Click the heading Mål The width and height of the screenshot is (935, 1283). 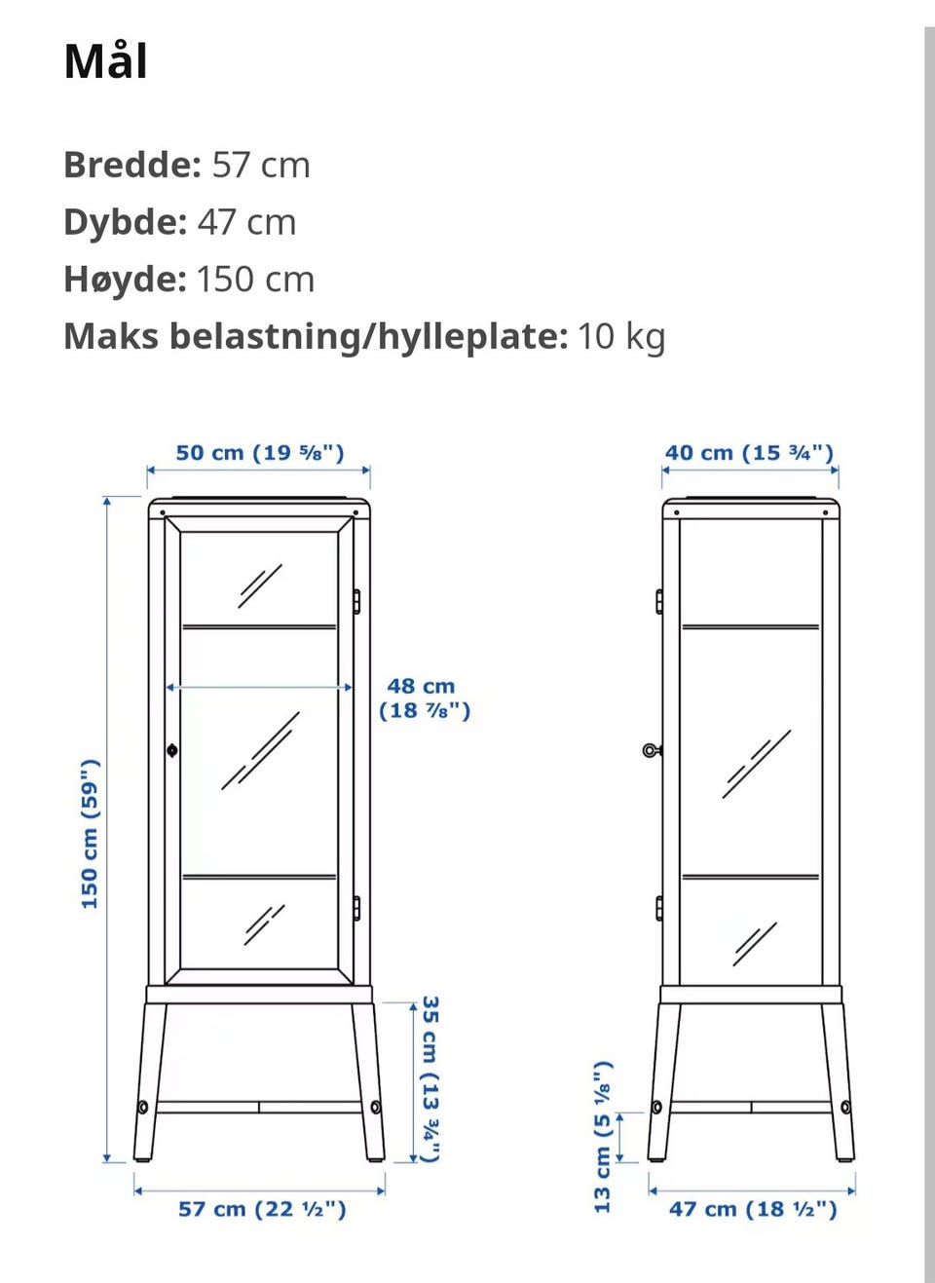pyautogui.click(x=105, y=62)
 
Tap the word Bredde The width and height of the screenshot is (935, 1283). pyautogui.click(x=131, y=165)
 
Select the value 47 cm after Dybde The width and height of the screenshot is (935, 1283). pyautogui.click(x=246, y=222)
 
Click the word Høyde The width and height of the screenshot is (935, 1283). pyautogui.click(x=125, y=280)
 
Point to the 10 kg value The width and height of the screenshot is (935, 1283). pyautogui.click(x=621, y=336)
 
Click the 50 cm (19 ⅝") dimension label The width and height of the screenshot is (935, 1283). pyautogui.click(x=260, y=453)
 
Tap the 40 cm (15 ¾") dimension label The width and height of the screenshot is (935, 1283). pyautogui.click(x=749, y=453)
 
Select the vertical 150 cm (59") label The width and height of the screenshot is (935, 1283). pyautogui.click(x=90, y=833)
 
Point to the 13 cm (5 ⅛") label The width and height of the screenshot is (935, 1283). pyautogui.click(x=603, y=1136)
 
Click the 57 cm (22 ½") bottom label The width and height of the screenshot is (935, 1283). pyautogui.click(x=262, y=1209)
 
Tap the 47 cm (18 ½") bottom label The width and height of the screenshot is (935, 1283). pyautogui.click(x=753, y=1209)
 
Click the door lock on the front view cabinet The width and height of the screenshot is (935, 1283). pyautogui.click(x=172, y=750)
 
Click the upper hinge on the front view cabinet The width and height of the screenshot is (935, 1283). pyautogui.click(x=356, y=601)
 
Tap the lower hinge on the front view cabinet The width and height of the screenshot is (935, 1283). pyautogui.click(x=356, y=908)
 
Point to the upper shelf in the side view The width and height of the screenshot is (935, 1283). pyautogui.click(x=750, y=626)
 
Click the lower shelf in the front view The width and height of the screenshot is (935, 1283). pyautogui.click(x=259, y=877)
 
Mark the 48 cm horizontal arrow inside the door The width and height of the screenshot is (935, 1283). pyautogui.click(x=259, y=687)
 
